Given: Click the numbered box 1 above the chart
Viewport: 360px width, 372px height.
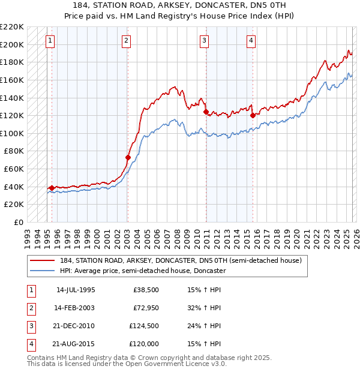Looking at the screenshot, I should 49,41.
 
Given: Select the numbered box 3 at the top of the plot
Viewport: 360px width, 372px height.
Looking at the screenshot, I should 205,41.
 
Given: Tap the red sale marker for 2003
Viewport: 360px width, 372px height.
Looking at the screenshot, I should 128,158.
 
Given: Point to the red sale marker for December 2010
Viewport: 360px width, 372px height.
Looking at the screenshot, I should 206,112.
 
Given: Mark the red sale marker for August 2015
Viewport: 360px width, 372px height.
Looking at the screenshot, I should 252,115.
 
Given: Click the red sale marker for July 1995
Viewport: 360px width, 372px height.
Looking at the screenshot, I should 52,188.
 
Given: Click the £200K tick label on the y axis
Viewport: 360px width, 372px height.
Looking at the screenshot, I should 12,44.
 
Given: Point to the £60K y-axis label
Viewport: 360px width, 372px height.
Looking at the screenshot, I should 14,169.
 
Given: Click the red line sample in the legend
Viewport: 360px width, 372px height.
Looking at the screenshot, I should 43,260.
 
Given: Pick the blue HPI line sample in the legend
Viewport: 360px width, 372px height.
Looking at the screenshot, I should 43,271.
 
